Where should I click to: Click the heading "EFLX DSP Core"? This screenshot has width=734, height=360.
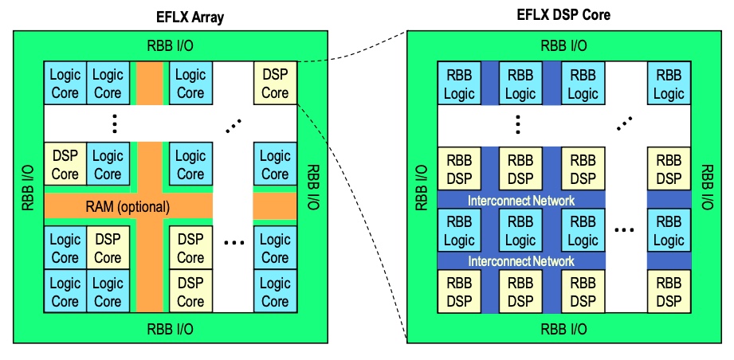[563, 14]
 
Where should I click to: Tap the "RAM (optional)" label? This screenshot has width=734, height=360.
[127, 206]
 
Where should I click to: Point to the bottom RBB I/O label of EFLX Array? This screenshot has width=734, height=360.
[170, 327]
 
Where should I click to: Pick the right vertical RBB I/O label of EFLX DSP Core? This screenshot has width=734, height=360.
[706, 188]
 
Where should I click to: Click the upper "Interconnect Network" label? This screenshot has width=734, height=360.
[520, 201]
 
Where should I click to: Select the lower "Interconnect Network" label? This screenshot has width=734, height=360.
[520, 260]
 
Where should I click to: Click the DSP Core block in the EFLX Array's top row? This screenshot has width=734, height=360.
[275, 84]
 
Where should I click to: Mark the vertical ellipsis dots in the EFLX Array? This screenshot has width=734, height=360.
[115, 123]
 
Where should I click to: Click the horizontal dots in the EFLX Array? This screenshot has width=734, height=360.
[234, 243]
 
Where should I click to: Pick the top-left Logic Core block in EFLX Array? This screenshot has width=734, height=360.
[65, 84]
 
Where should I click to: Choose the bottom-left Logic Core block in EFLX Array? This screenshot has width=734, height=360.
[65, 292]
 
